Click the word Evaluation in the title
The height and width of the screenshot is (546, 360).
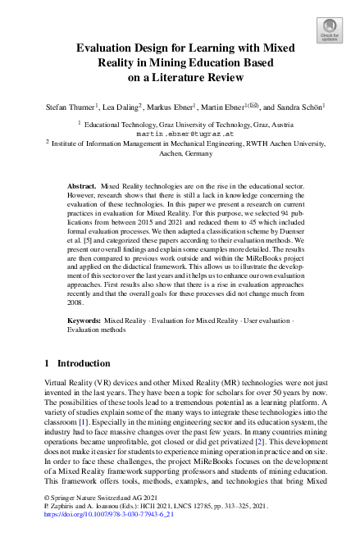[x=107, y=48]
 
